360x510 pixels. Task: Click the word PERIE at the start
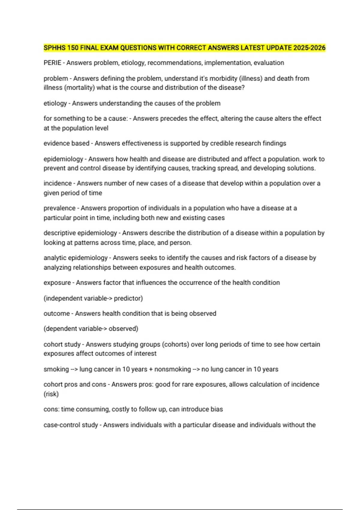(x=52, y=63)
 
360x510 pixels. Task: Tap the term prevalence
(x=59, y=208)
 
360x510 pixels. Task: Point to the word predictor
(x=128, y=298)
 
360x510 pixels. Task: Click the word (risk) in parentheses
(x=51, y=394)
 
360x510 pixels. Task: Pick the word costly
(x=121, y=409)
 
